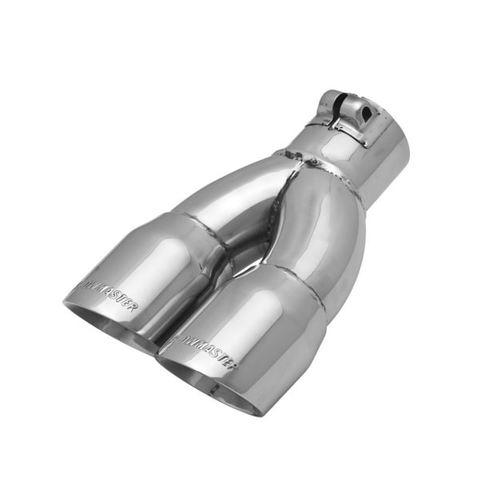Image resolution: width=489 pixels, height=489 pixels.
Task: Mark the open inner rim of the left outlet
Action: click(104, 320)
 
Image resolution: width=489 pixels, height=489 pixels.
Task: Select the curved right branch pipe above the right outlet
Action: click(320, 232)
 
